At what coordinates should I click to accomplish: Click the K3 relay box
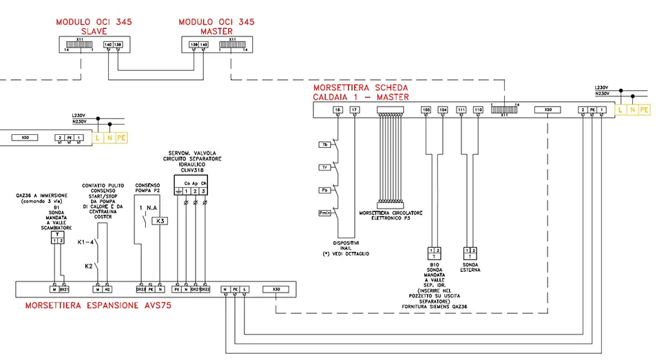coord(158,221)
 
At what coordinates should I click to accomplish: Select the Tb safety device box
coord(324,145)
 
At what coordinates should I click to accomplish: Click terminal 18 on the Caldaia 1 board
coord(337,110)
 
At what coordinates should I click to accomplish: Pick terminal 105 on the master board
coord(426,110)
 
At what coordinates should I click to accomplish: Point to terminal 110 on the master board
coord(479,110)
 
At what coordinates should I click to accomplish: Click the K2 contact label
coord(89,266)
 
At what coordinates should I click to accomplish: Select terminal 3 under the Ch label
coord(204,190)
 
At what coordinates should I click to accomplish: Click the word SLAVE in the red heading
coord(94,32)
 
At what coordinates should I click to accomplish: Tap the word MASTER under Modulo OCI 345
coord(216,32)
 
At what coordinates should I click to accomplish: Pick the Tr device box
coord(324,167)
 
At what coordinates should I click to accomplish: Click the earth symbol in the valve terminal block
coord(178,190)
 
